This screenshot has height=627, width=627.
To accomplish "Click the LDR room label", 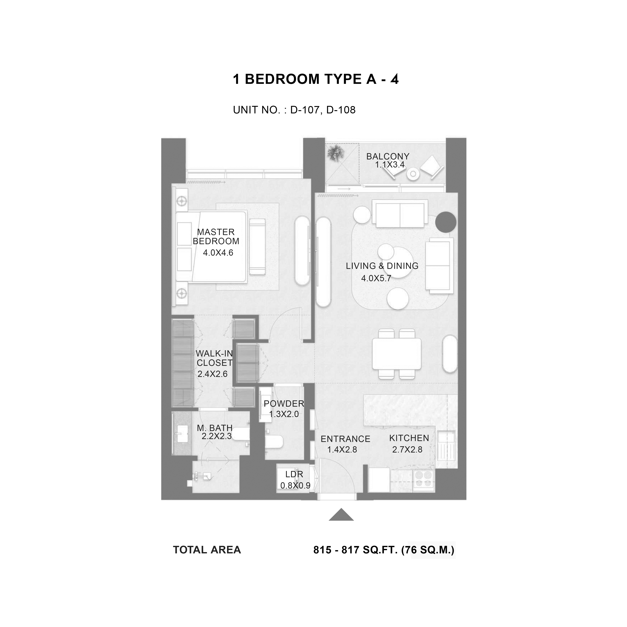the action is pyautogui.click(x=294, y=474).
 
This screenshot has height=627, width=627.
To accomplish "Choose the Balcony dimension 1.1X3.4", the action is pyautogui.click(x=390, y=164).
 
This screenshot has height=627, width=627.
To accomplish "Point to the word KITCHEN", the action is pyautogui.click(x=409, y=438).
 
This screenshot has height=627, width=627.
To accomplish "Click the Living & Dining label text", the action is pyautogui.click(x=382, y=266).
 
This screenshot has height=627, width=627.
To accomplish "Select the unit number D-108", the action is pyautogui.click(x=341, y=110).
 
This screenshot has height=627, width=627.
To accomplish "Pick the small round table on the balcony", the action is pyautogui.click(x=413, y=174).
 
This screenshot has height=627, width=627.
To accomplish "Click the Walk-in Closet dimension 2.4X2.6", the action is pyautogui.click(x=213, y=374).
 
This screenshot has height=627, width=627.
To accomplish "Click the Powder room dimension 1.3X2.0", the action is pyautogui.click(x=284, y=414).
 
